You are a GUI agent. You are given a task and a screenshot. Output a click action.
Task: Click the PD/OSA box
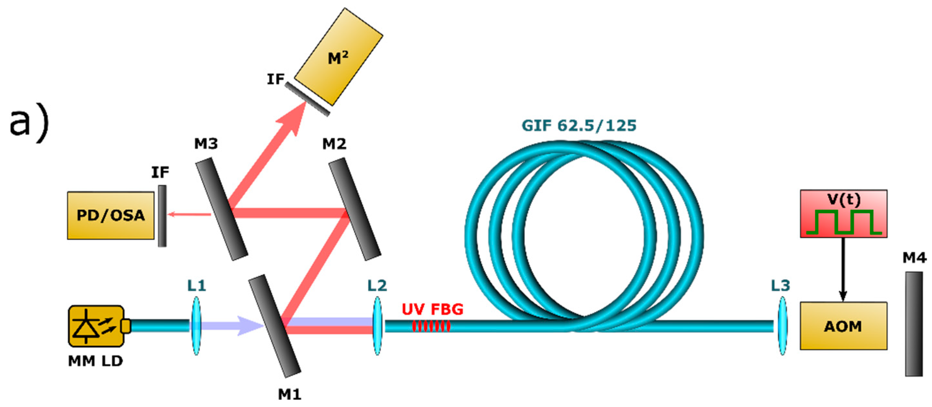pyautogui.click(x=111, y=215)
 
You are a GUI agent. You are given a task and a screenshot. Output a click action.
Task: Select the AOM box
pyautogui.click(x=843, y=326)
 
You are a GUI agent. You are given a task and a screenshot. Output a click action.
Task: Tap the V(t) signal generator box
pyautogui.click(x=843, y=214)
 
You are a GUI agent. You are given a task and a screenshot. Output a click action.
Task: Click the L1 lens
pyautogui.click(x=196, y=326)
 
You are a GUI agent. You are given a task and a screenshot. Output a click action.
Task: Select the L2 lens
pyautogui.click(x=377, y=326)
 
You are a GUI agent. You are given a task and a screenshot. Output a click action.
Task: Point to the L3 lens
pyautogui.click(x=782, y=326)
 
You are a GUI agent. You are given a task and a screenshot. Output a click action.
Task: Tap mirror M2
pyautogui.click(x=355, y=209)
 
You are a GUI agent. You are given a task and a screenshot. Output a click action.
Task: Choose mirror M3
pyautogui.click(x=222, y=209)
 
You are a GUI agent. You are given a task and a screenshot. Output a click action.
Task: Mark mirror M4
pyautogui.click(x=914, y=324)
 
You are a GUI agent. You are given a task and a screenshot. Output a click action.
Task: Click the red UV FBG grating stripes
pyautogui.click(x=431, y=326)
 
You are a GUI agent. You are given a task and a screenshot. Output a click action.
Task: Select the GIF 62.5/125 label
pyautogui.click(x=578, y=126)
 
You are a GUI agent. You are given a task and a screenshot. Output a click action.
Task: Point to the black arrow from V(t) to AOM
pyautogui.click(x=843, y=269)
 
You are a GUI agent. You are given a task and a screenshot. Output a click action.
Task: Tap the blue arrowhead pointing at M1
pyautogui.click(x=250, y=326)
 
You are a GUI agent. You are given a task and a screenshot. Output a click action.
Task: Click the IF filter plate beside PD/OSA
pyautogui.click(x=163, y=216)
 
